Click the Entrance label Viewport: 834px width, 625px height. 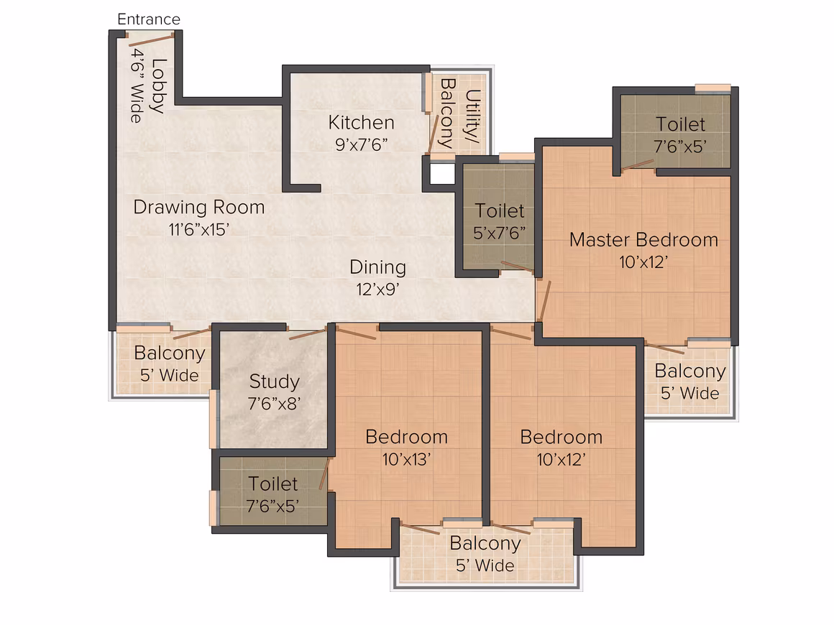click(x=149, y=19)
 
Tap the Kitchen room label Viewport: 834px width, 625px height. click(x=361, y=123)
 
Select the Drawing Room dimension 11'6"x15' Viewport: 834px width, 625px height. click(x=199, y=230)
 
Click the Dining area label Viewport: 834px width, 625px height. click(x=377, y=267)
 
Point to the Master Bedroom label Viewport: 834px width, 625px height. click(x=643, y=240)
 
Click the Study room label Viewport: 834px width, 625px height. click(x=275, y=381)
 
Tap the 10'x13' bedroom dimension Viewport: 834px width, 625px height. click(x=406, y=459)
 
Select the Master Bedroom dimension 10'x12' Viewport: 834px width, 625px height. click(x=643, y=262)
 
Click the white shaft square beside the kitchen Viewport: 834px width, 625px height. click(x=442, y=174)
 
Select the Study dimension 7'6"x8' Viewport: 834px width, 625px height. click(x=275, y=404)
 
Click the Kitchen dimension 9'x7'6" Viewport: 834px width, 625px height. click(x=361, y=144)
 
